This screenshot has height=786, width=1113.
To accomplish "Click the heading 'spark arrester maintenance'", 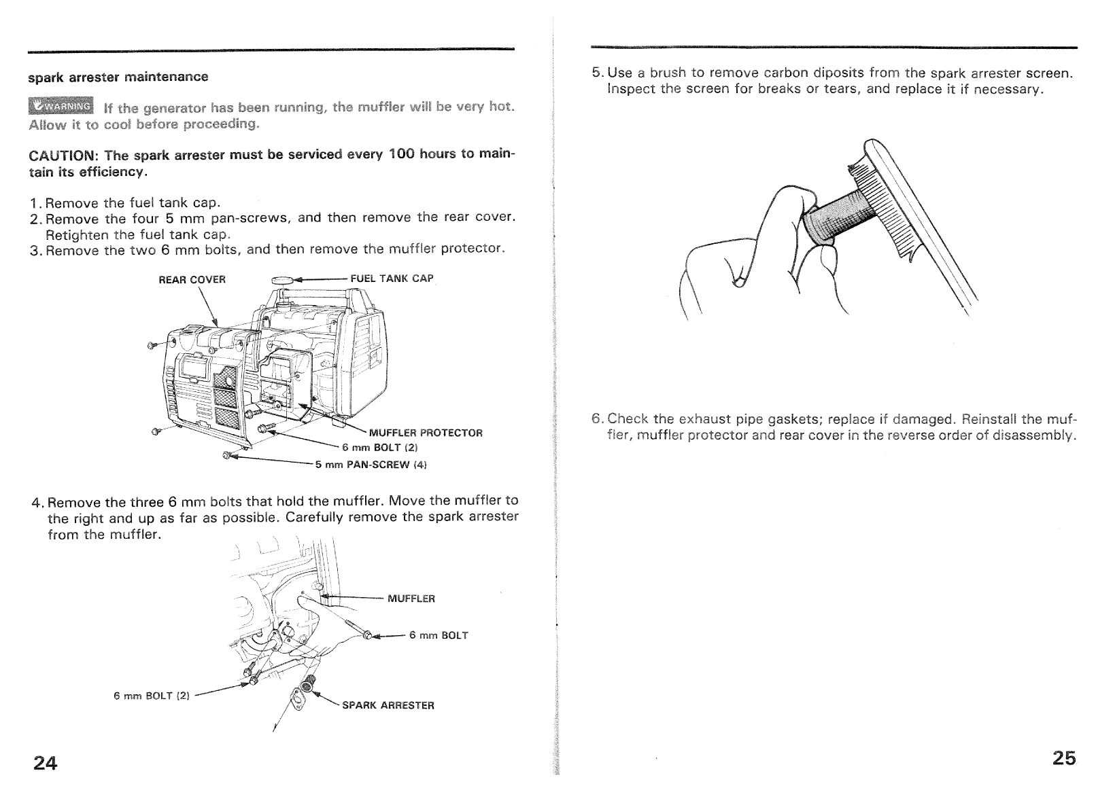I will [x=118, y=77].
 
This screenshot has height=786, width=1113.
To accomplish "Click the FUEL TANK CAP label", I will [x=392, y=279].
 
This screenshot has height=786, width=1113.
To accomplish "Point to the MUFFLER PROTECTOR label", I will [x=425, y=433].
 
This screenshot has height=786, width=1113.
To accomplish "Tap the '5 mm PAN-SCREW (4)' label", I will [x=371, y=465].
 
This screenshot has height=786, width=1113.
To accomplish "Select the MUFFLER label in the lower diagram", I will [x=411, y=599].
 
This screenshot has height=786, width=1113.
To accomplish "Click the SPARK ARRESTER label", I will [x=388, y=705].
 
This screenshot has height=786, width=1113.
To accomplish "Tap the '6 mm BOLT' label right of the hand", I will [x=438, y=635].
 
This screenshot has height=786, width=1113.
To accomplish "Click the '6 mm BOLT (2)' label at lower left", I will [x=152, y=696].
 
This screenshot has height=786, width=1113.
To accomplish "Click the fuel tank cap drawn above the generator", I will [x=281, y=279].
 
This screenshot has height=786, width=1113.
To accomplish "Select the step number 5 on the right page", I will [x=596, y=73].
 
